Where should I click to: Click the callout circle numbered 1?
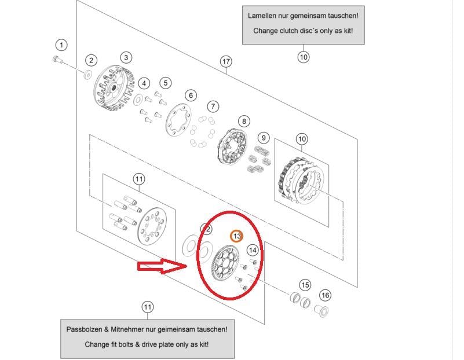tap(61, 45)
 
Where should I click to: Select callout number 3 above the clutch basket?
tap(126, 57)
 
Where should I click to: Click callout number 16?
tap(326, 295)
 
